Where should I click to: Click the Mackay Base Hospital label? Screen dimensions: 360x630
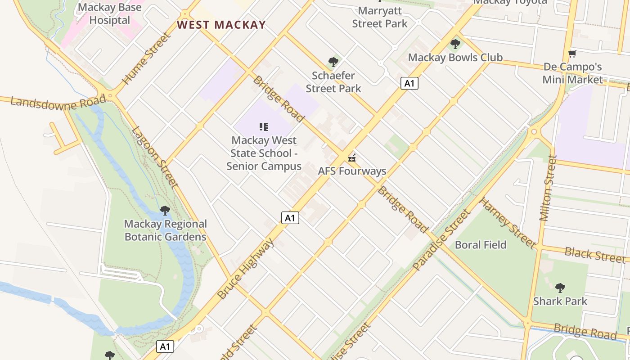(x=109, y=13)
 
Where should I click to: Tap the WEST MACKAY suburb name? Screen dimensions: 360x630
(x=221, y=25)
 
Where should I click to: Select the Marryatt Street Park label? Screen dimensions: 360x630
(x=379, y=17)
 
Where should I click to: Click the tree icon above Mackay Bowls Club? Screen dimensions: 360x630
(x=455, y=44)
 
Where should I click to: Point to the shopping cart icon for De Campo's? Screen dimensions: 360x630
(x=572, y=54)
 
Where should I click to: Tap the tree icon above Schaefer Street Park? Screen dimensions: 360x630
(x=333, y=62)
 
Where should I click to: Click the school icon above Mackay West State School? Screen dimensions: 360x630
(x=264, y=127)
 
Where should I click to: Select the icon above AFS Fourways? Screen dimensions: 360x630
(x=352, y=157)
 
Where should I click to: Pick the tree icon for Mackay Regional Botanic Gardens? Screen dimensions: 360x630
(x=165, y=210)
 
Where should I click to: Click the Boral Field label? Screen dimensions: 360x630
(x=481, y=245)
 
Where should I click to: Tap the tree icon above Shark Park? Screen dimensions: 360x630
(x=560, y=288)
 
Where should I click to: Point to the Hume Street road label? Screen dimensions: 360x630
(x=147, y=58)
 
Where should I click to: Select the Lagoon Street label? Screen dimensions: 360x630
(x=155, y=157)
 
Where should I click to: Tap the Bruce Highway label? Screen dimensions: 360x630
(x=246, y=269)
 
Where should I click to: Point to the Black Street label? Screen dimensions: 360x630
(x=594, y=255)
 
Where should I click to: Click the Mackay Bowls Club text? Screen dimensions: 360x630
(x=455, y=58)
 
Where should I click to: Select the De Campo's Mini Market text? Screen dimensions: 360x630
(x=572, y=73)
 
